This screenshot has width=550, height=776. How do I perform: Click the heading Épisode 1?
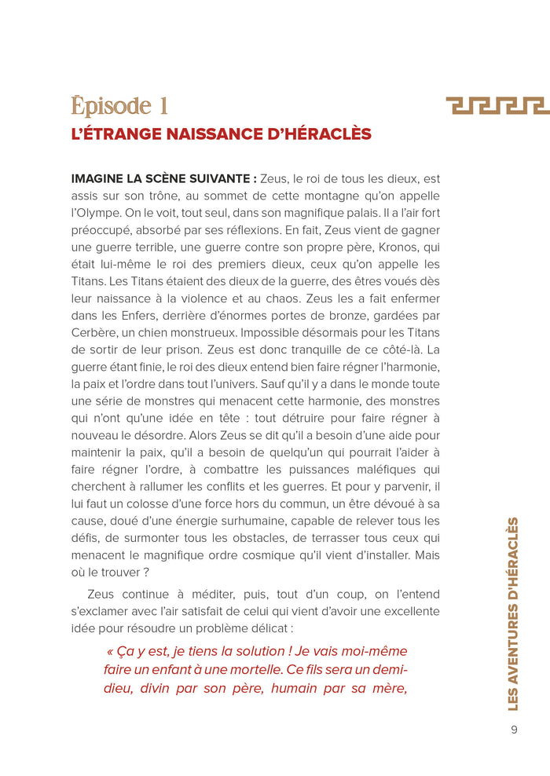tap(119, 106)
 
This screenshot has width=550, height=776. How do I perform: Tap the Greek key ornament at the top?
tap(497, 106)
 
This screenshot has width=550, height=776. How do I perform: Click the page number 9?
tap(514, 729)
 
